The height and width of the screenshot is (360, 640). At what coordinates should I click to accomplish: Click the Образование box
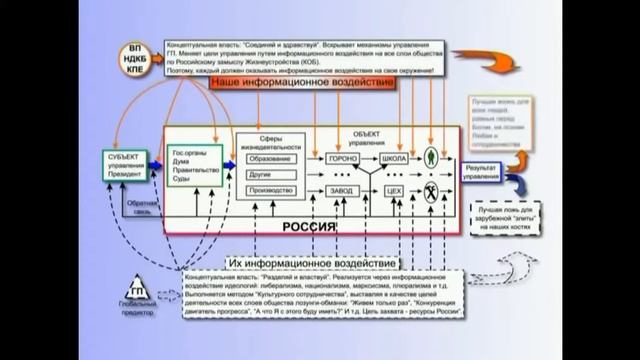[270, 158]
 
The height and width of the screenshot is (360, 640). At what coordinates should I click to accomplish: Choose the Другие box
[270, 174]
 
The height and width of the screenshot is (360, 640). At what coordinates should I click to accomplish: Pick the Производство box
[270, 190]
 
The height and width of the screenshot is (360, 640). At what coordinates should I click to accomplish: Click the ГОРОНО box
[342, 158]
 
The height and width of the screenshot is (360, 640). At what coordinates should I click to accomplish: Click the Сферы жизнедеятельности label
[269, 139]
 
